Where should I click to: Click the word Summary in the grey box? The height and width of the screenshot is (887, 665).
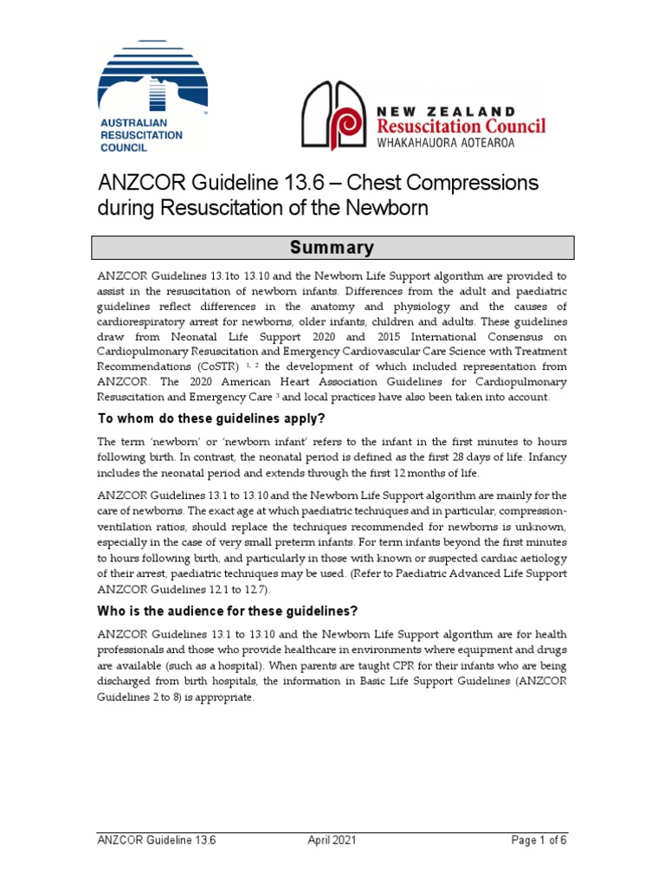(332, 248)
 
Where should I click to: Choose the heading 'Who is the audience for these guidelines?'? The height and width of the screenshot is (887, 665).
(226, 612)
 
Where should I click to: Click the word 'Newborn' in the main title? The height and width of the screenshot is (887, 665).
(389, 209)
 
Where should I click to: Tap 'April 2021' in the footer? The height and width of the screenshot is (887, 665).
(332, 840)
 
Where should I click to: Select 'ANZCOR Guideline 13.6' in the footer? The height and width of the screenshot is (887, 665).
(156, 840)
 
